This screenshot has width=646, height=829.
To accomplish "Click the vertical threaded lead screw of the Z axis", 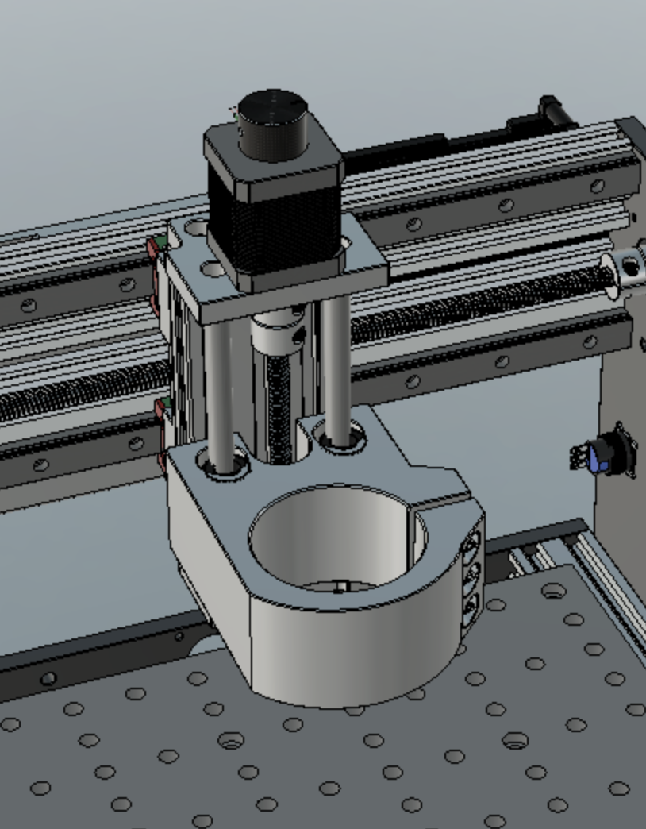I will point(279,413).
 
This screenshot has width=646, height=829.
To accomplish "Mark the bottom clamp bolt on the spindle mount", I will point(471,607).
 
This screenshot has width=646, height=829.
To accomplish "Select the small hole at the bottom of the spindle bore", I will point(339,588).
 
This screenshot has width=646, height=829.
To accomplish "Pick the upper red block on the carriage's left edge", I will point(152,249).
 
